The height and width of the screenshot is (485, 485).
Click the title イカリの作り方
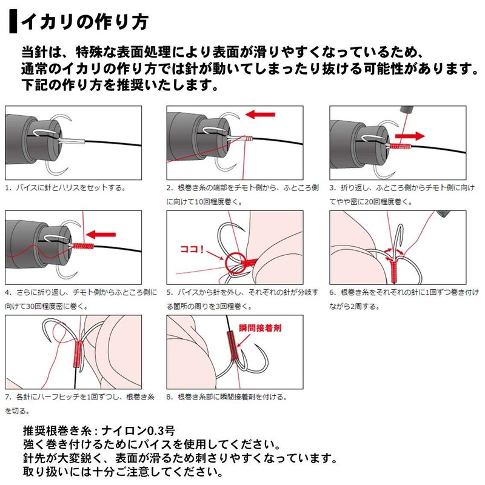84,22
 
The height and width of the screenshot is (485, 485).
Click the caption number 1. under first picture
7,188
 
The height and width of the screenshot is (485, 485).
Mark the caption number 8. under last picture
170,398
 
